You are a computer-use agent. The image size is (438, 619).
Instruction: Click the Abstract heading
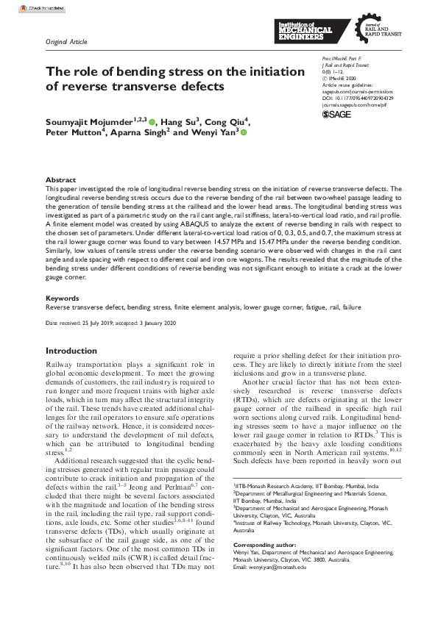(x=60, y=179)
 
